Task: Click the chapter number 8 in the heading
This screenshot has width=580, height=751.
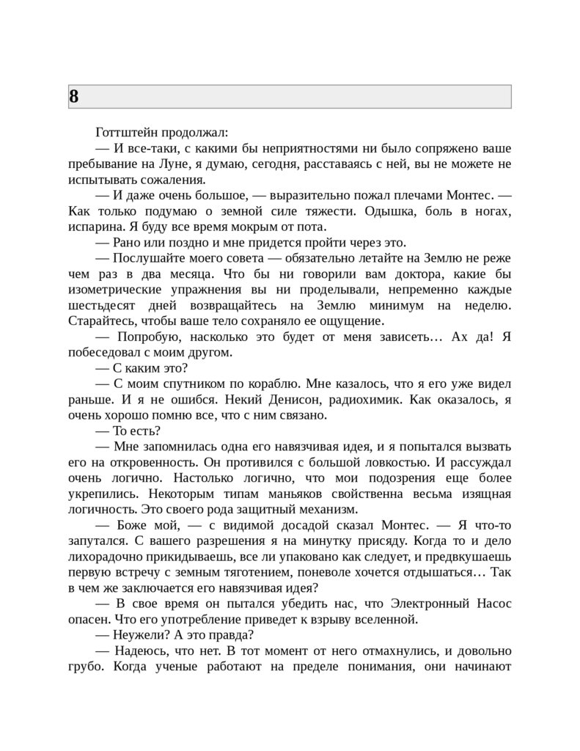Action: (74, 96)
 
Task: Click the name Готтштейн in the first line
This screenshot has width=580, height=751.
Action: (125, 133)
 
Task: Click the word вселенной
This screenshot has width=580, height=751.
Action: (386, 619)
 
